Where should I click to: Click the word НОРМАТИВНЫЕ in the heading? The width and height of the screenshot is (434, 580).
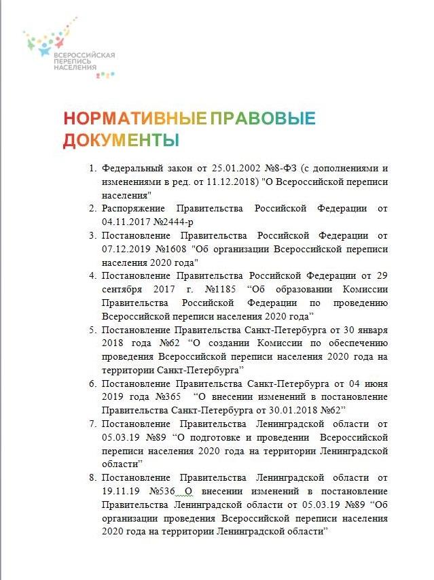point(135,118)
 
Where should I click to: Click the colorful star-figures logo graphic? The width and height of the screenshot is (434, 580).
point(48,41)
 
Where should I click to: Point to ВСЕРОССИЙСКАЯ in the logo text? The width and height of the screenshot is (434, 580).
point(84,55)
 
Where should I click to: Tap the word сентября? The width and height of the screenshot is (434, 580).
point(122,289)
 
